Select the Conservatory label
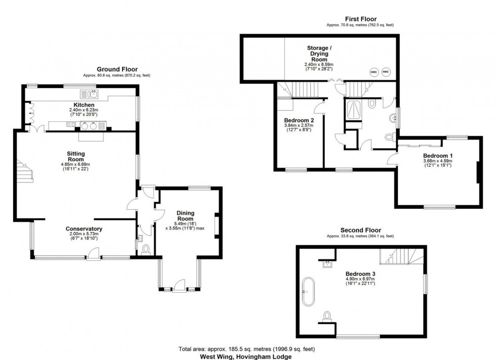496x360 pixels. click(84, 229)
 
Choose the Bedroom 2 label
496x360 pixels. click(298, 120)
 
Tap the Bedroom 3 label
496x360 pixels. click(359, 273)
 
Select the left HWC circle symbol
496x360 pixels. click(374, 72)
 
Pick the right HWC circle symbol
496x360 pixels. click(386, 72)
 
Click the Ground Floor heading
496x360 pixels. click(117, 69)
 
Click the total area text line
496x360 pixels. click(247, 349)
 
